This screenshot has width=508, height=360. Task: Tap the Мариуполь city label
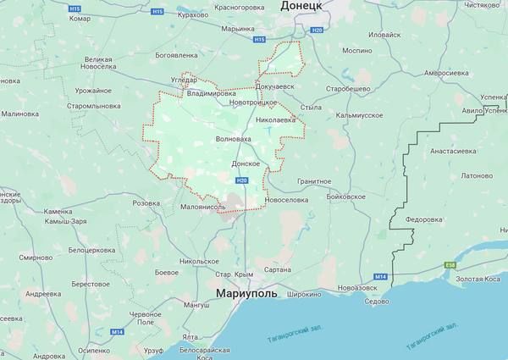(x=251, y=294)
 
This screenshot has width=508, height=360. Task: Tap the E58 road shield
(x=450, y=264)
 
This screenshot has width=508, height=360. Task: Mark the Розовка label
(x=146, y=203)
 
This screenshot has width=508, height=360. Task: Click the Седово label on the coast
(x=376, y=302)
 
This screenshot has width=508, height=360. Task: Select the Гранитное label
(x=314, y=181)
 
